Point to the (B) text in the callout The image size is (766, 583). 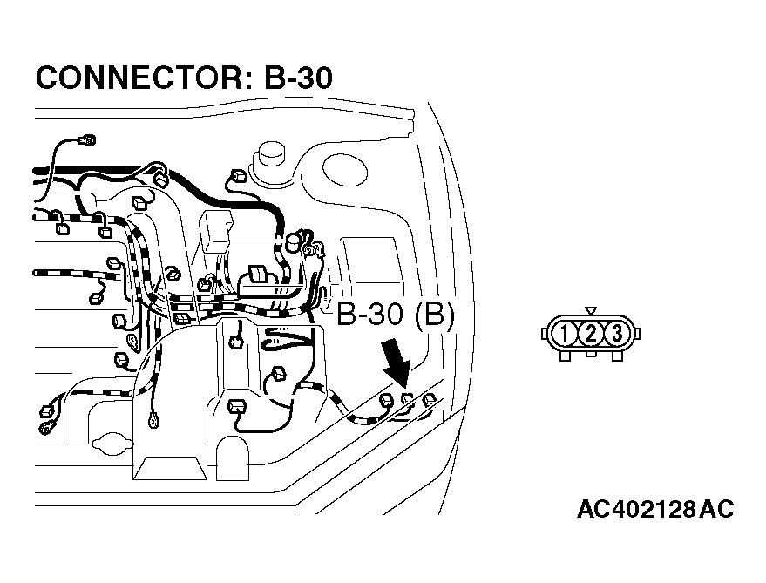pyautogui.click(x=434, y=315)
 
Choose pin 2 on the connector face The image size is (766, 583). pyautogui.click(x=591, y=333)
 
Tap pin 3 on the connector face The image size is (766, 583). pyautogui.click(x=615, y=333)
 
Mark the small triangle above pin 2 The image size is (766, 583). pyautogui.click(x=591, y=310)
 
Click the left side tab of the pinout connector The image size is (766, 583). pyautogui.click(x=546, y=333)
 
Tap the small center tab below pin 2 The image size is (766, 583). pyautogui.click(x=591, y=354)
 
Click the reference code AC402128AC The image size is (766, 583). pyautogui.click(x=654, y=509)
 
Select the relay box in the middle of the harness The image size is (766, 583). pyautogui.click(x=215, y=229)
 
